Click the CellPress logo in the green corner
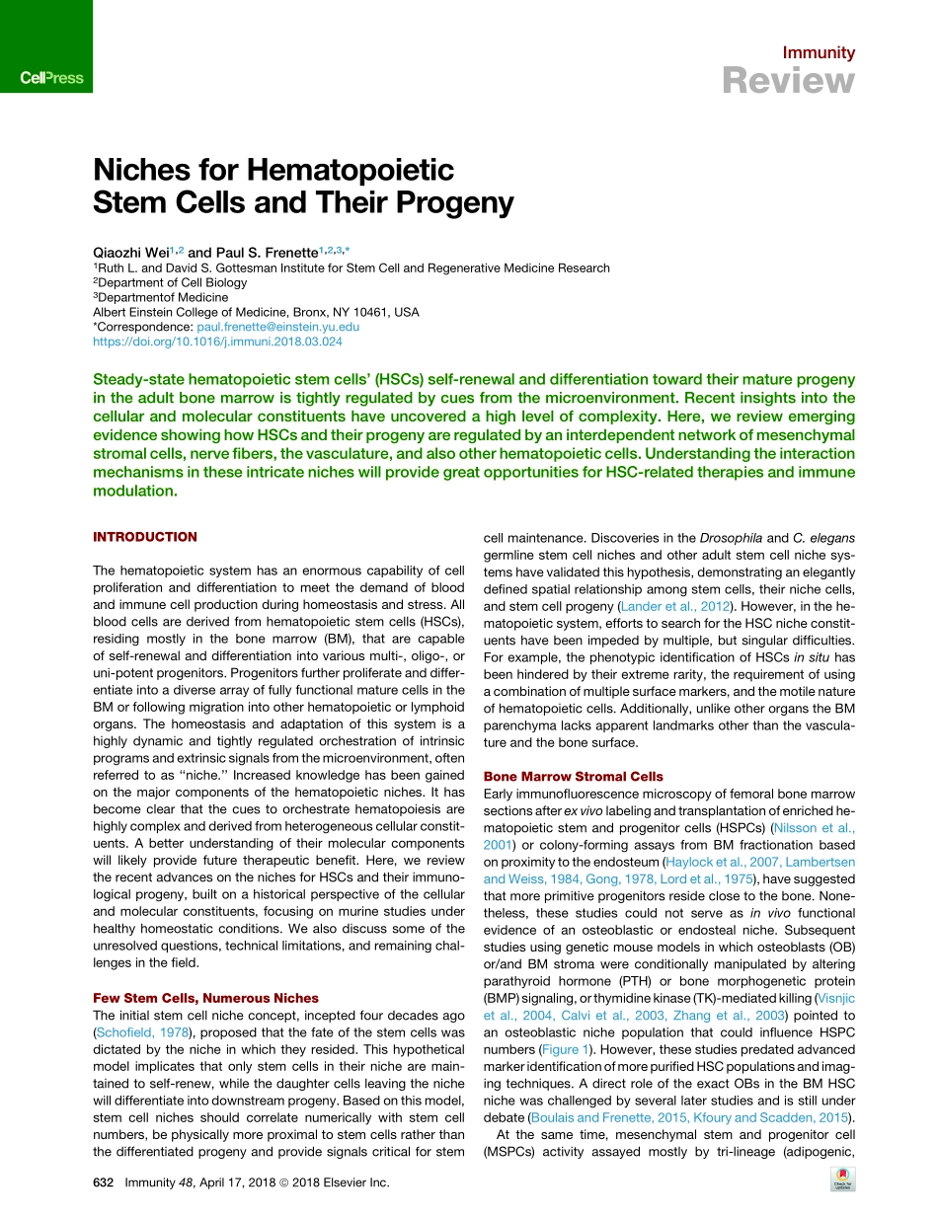51,77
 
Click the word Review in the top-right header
788,81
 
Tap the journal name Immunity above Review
819,53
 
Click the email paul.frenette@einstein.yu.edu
276,327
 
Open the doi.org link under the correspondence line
217,342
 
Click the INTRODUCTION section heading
144,537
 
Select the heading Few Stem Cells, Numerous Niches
205,998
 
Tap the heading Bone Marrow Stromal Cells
573,777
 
